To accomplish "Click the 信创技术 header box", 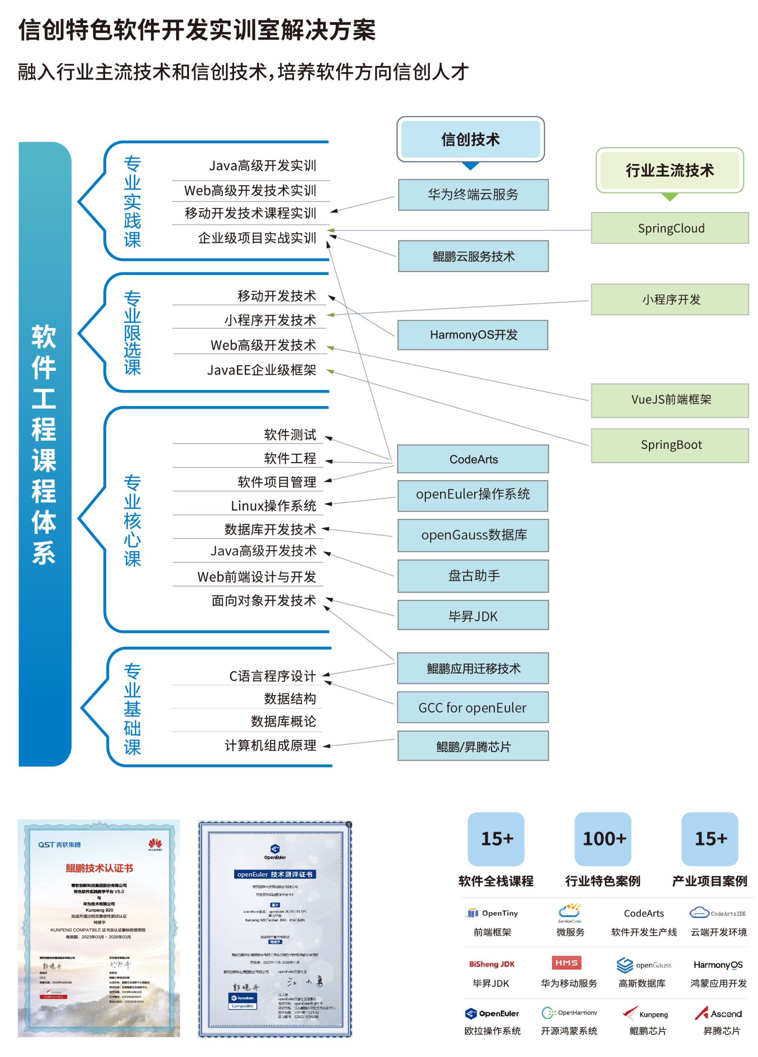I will (470, 139).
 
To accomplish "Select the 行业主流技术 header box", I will (669, 171).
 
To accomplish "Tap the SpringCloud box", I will (670, 228).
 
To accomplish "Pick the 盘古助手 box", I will (473, 576).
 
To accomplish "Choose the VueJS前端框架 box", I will (670, 400).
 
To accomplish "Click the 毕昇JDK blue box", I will (472, 616).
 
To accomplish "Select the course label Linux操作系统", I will (273, 506).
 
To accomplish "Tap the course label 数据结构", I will (290, 699).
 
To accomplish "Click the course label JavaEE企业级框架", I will (261, 370).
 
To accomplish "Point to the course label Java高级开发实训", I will (262, 166).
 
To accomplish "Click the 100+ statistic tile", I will (604, 839).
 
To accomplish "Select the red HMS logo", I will (566, 962).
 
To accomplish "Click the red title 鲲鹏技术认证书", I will (99, 868).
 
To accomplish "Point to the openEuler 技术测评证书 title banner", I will (275, 875).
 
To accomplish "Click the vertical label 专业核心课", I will (132, 521).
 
